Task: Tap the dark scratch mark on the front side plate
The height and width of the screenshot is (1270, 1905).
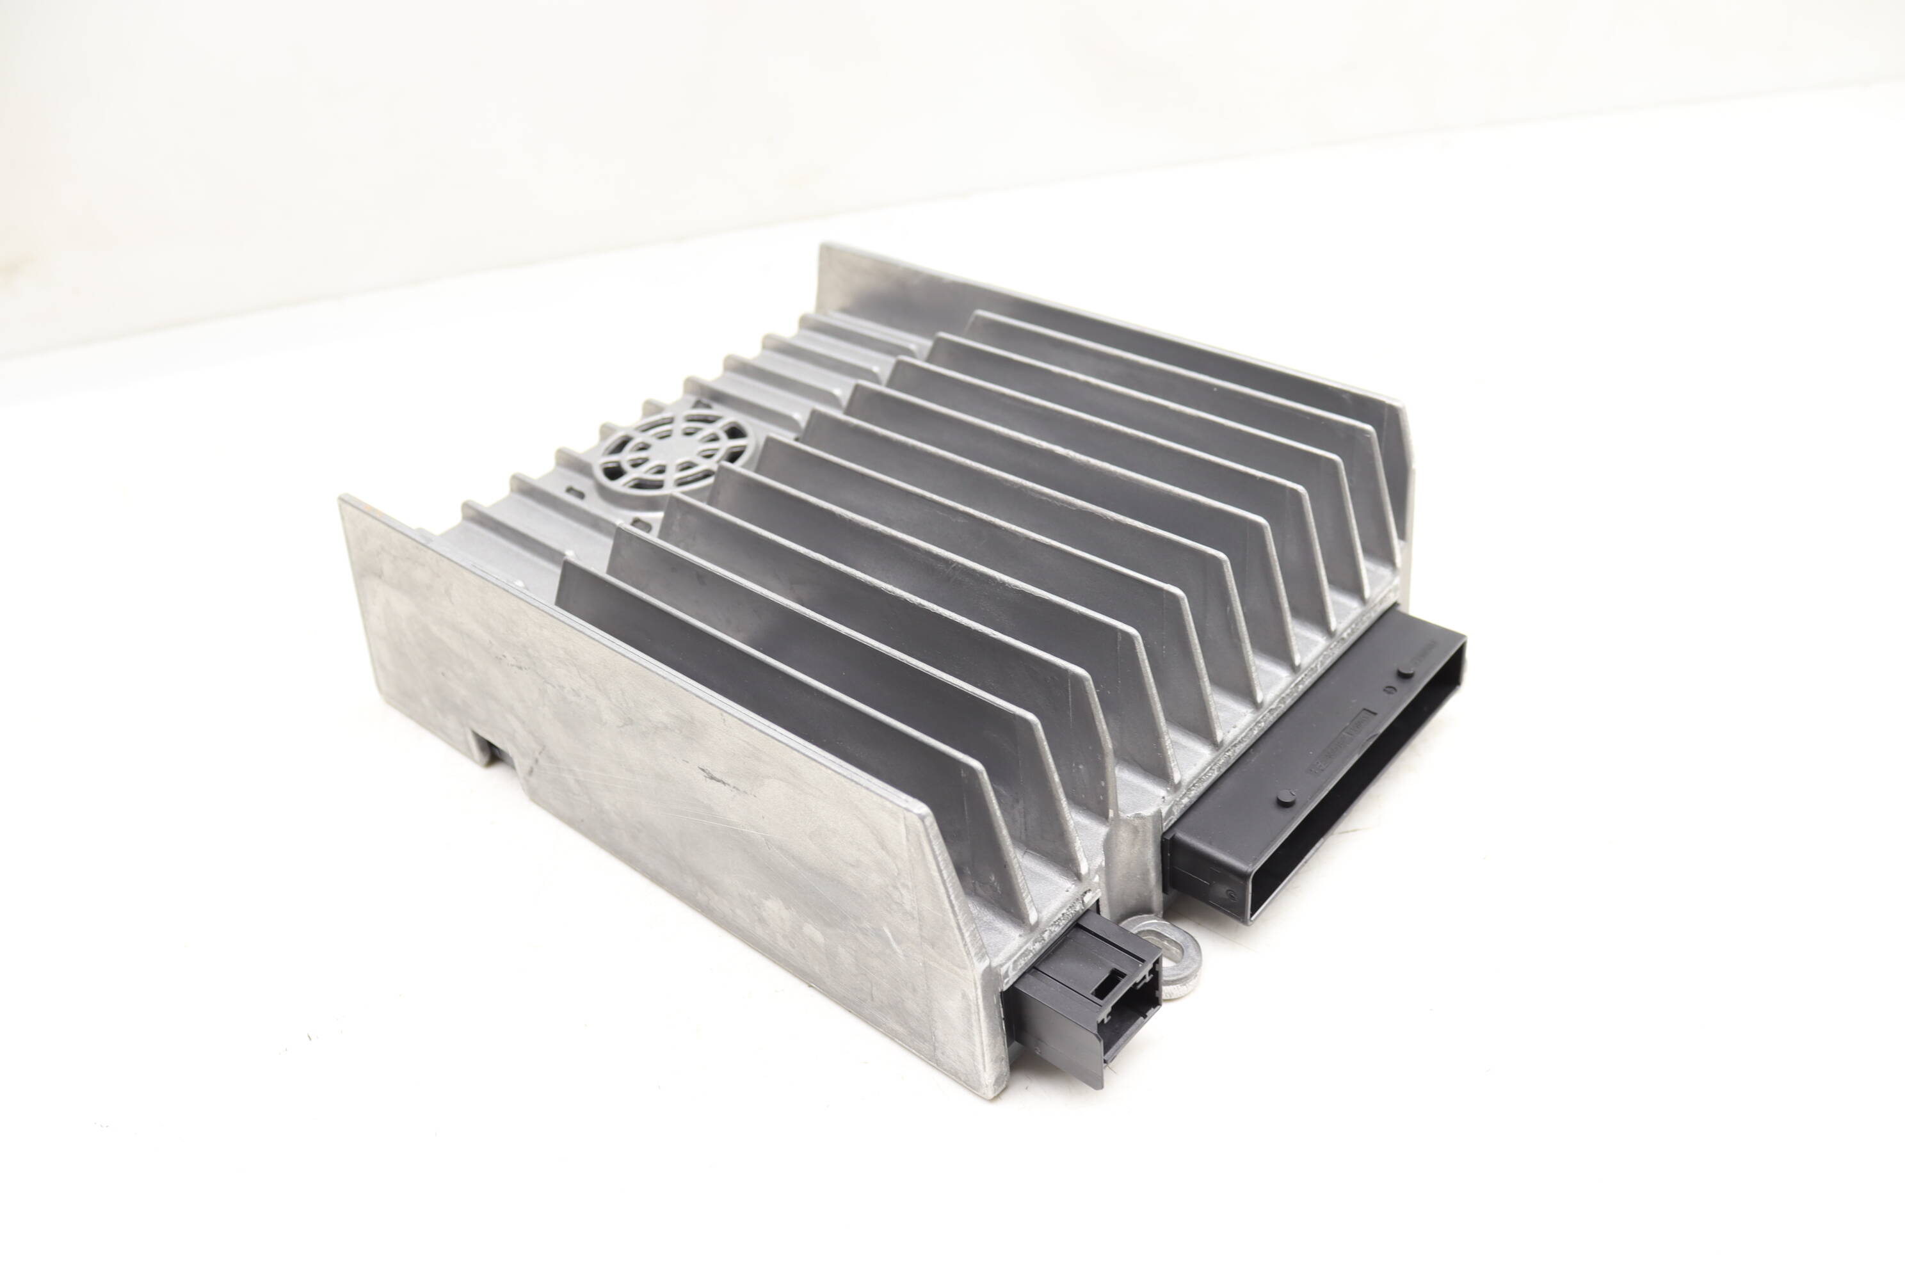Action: pos(721,779)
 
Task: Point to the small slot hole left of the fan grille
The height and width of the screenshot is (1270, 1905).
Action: pos(574,491)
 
